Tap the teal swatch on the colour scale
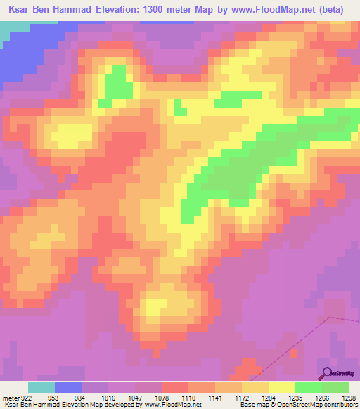tap(41, 387)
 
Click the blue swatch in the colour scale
tap(68, 387)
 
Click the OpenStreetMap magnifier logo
tap(326, 372)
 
